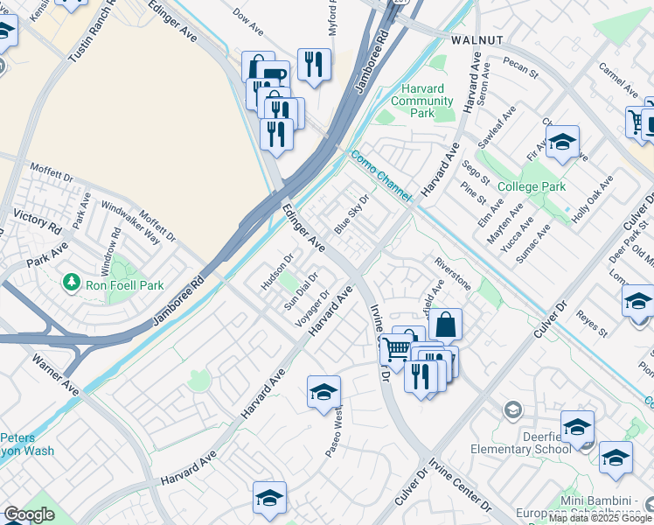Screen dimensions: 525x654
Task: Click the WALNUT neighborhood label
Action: point(477,40)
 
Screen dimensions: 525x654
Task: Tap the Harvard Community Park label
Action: point(422,101)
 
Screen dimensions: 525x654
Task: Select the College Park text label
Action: point(532,186)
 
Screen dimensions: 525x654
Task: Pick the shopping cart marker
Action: point(397,350)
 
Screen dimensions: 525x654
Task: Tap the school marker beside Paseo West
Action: point(324,393)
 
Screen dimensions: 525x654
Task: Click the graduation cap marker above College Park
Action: point(563,142)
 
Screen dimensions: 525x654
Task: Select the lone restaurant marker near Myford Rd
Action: point(314,63)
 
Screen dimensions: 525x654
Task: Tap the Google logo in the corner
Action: point(29,514)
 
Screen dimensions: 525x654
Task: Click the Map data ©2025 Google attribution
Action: point(600,518)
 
